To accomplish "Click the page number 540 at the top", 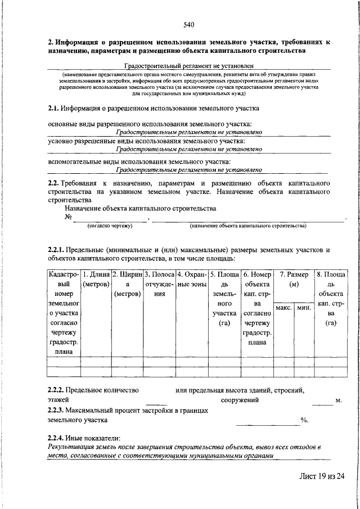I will [x=188, y=24].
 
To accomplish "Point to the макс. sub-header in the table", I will [x=284, y=308].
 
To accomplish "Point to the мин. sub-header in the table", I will [x=304, y=308].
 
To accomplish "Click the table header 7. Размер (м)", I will [x=294, y=280].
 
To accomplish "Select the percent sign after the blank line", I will [x=304, y=420].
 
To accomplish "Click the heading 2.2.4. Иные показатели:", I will [x=84, y=438].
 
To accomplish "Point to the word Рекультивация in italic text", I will [x=71, y=447].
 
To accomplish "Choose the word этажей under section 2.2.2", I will [x=58, y=400].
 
